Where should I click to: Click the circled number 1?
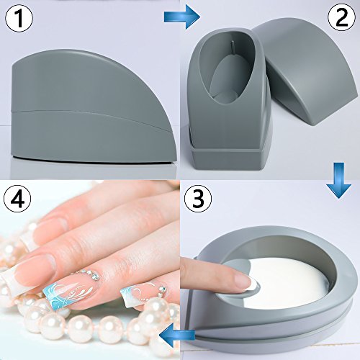tap(19, 19)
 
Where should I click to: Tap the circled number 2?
tap(341, 17)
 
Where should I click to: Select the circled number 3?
tap(198, 198)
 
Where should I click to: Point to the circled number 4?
tap(17, 199)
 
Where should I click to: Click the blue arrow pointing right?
tap(182, 17)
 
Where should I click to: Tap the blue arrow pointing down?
tap(338, 181)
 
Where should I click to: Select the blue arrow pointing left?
tap(177, 335)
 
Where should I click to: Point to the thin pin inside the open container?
tap(233, 48)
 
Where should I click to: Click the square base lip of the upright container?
tap(227, 158)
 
